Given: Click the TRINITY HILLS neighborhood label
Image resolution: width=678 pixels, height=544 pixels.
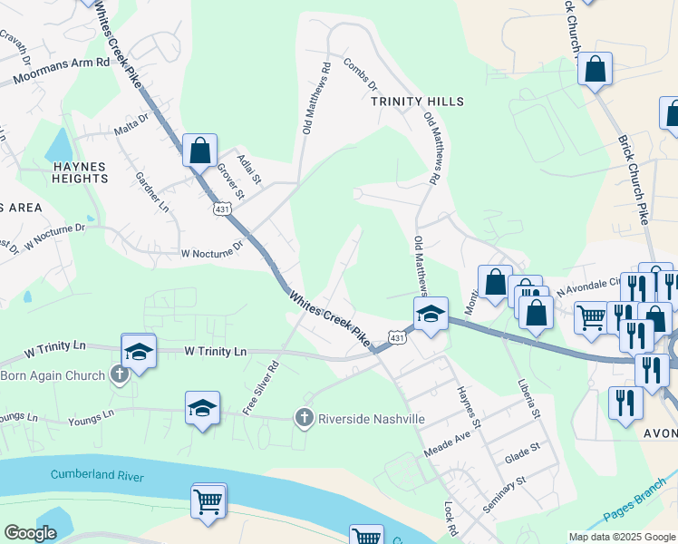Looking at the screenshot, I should (x=417, y=102).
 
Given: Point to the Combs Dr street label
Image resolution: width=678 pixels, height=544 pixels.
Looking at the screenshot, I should (x=360, y=74).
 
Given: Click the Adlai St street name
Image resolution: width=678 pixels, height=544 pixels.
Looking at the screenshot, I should (x=247, y=169).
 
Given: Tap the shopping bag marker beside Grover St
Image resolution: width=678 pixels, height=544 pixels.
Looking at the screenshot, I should (x=199, y=150).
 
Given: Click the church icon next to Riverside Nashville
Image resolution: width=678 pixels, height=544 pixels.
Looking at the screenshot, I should (x=304, y=418).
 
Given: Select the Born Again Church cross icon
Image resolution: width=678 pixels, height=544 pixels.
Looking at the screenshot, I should (x=119, y=374).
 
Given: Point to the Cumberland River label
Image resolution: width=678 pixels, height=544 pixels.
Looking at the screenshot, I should (x=98, y=474).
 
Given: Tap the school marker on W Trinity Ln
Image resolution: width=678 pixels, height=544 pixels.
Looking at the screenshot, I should (x=139, y=351).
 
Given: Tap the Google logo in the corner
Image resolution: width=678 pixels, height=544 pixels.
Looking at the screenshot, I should (x=30, y=533).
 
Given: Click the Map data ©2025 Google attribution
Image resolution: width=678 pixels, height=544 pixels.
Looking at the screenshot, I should (x=622, y=537).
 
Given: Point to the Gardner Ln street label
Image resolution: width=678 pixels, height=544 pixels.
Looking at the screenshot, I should (x=151, y=192).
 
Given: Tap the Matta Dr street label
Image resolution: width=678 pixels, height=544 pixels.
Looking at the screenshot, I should (x=131, y=124).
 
